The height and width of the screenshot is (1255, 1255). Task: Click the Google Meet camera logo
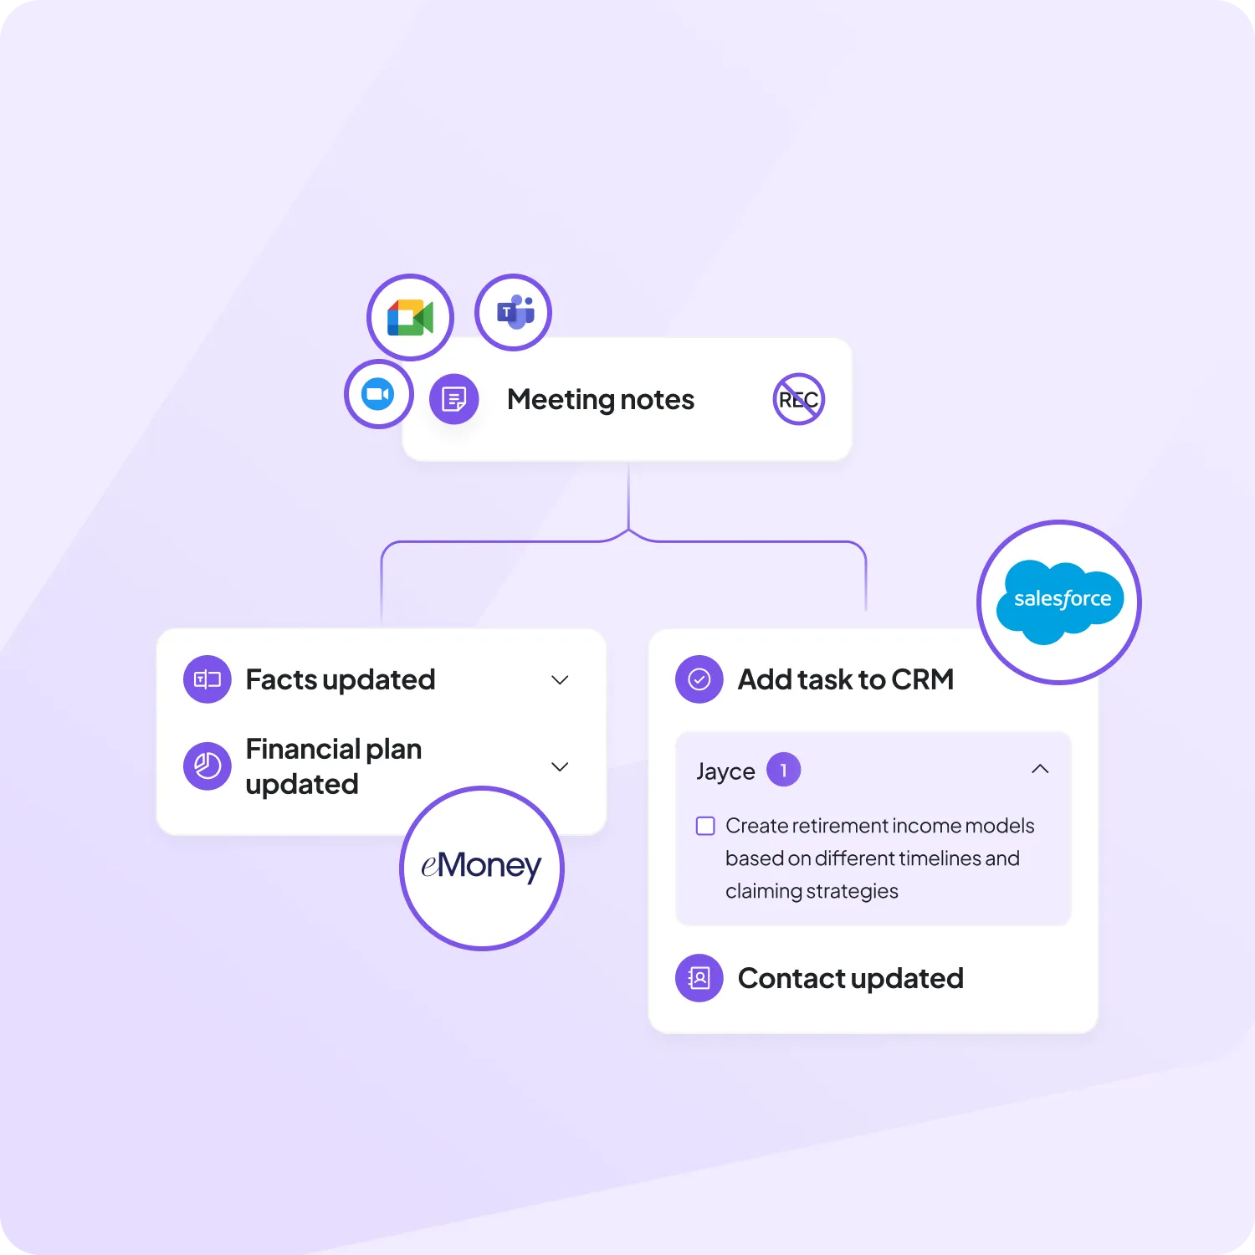pyautogui.click(x=410, y=318)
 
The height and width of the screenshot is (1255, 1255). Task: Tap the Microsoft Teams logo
pyautogui.click(x=514, y=313)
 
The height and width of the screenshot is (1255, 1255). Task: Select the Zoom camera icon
pyautogui.click(x=378, y=394)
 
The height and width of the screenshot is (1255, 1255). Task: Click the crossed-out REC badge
pyautogui.click(x=798, y=399)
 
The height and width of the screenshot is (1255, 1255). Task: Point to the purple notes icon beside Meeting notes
pyautogui.click(x=453, y=399)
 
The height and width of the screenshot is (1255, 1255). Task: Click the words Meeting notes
pyautogui.click(x=600, y=400)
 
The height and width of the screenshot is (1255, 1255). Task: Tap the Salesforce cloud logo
pyautogui.click(x=1059, y=601)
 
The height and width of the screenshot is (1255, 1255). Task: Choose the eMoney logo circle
pyautogui.click(x=482, y=867)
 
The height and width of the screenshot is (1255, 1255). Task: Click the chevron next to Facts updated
pyautogui.click(x=560, y=680)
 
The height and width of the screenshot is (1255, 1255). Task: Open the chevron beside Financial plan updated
pyautogui.click(x=560, y=766)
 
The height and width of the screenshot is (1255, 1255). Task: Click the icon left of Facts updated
pyautogui.click(x=207, y=679)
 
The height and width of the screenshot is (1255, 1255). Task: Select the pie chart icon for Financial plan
pyautogui.click(x=207, y=766)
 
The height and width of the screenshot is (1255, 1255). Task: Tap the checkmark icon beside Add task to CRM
pyautogui.click(x=699, y=679)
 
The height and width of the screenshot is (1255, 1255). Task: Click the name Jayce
pyautogui.click(x=725, y=771)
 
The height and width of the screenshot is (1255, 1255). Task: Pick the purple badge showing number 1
pyautogui.click(x=783, y=770)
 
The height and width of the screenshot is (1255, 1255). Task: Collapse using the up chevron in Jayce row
pyautogui.click(x=1040, y=769)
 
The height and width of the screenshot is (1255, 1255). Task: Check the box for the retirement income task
pyautogui.click(x=705, y=827)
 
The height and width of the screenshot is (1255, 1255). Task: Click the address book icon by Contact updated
pyautogui.click(x=699, y=977)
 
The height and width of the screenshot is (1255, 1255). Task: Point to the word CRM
pyautogui.click(x=922, y=679)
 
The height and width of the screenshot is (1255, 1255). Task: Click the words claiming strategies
pyautogui.click(x=812, y=891)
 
